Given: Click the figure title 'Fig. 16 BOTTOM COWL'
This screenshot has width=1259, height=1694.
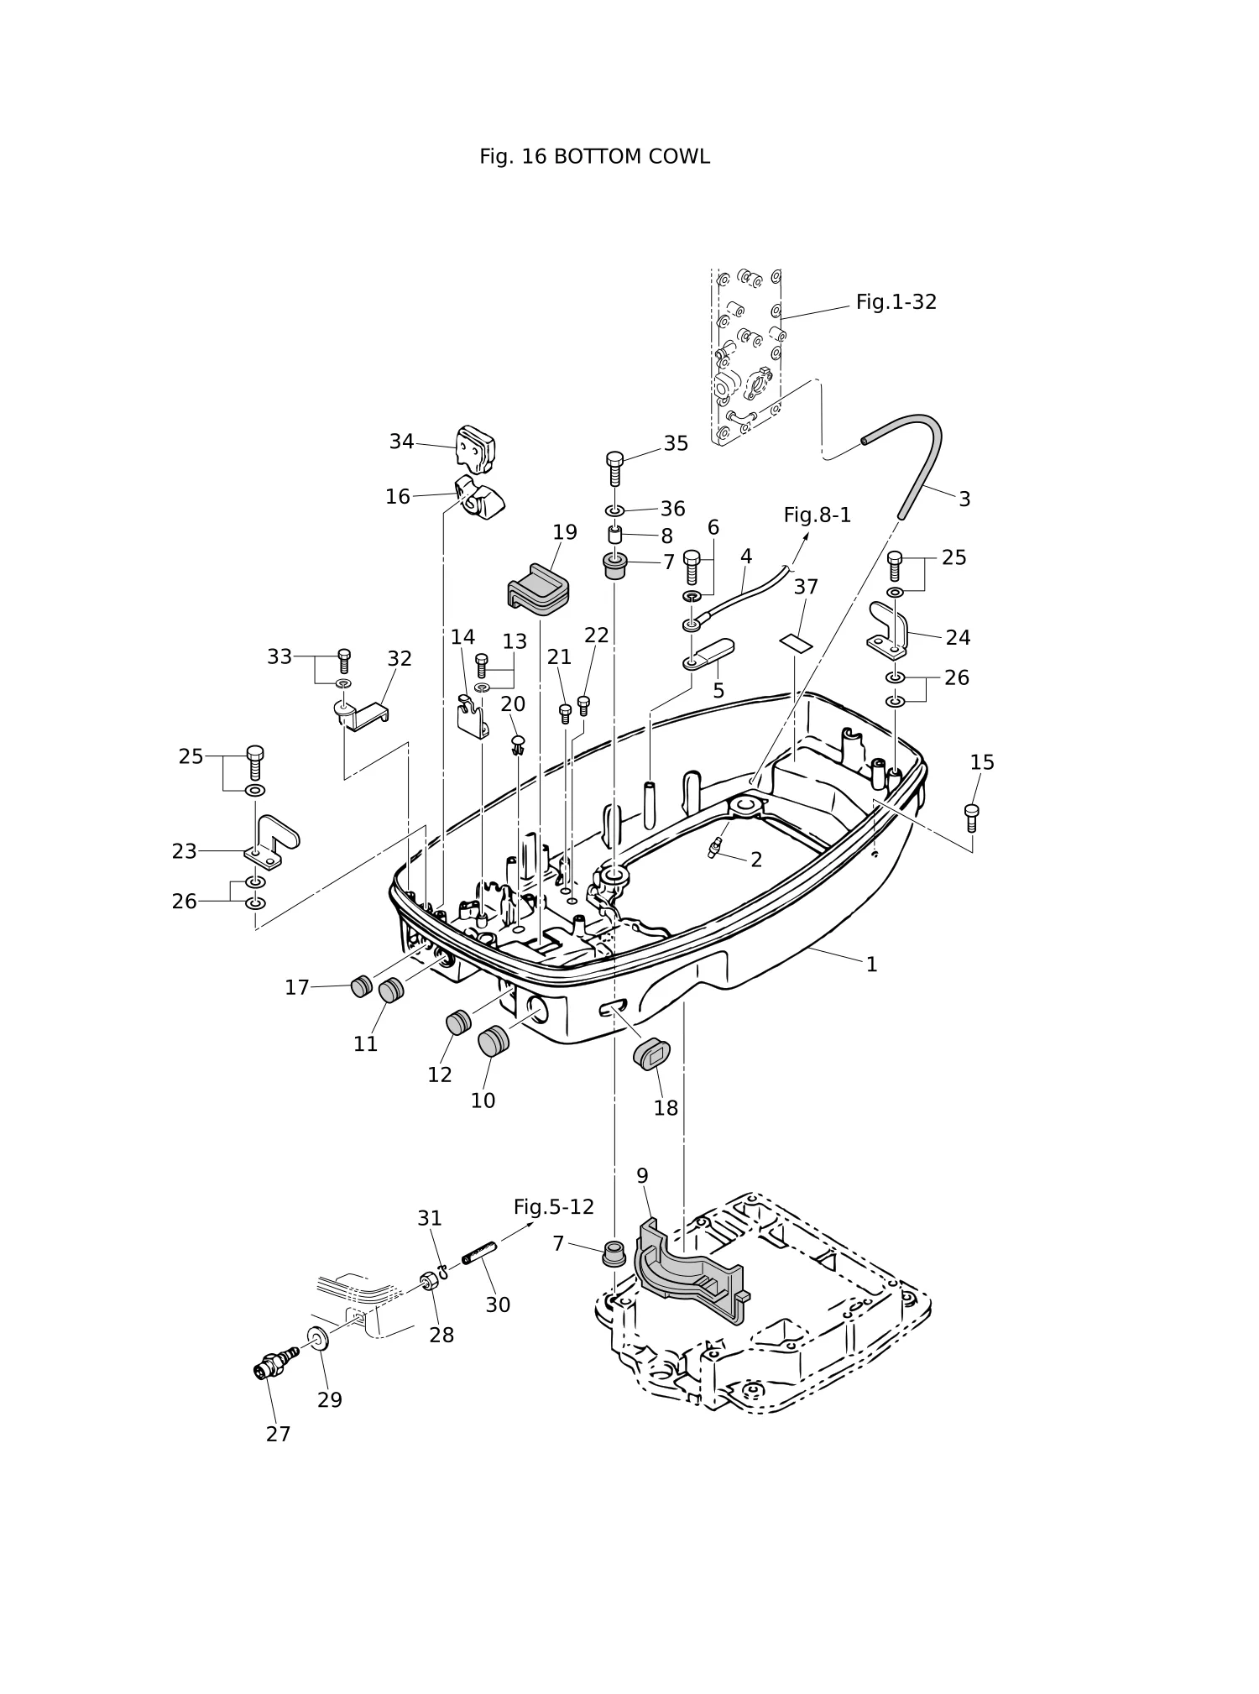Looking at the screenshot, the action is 594,157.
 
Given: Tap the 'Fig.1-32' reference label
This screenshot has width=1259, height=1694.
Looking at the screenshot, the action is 896,302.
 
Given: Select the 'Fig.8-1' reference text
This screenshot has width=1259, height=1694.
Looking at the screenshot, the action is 817,515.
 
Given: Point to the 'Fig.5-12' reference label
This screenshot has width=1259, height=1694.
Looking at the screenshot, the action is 553,1207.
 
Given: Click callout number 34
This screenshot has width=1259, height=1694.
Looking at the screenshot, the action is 401,442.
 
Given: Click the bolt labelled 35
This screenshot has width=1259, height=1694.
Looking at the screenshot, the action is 615,468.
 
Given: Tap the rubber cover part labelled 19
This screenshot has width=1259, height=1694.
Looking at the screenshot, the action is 537,585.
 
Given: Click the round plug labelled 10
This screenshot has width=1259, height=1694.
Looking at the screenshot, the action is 494,1041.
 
